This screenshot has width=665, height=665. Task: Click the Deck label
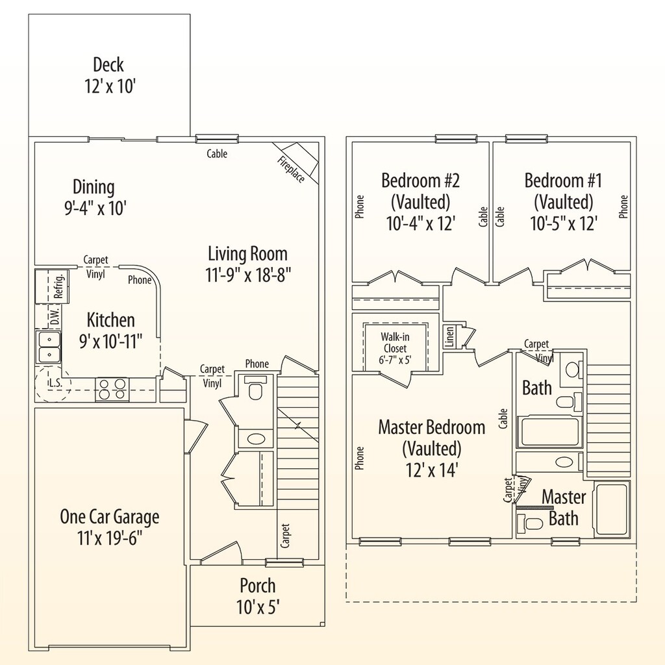pyautogui.click(x=108, y=64)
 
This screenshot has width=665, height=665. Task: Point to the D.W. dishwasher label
pyautogui.click(x=55, y=317)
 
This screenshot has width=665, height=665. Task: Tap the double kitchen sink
pyautogui.click(x=47, y=347)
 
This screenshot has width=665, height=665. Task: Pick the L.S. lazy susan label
pyautogui.click(x=55, y=383)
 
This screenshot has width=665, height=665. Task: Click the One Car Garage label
pyautogui.click(x=109, y=517)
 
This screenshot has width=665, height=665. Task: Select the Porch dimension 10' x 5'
pyautogui.click(x=258, y=607)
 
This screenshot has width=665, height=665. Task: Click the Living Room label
pyautogui.click(x=247, y=253)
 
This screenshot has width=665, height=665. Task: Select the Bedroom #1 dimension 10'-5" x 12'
pyautogui.click(x=562, y=222)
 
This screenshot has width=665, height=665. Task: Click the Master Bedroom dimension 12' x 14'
pyautogui.click(x=431, y=469)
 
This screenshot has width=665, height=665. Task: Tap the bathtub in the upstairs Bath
pyautogui.click(x=548, y=431)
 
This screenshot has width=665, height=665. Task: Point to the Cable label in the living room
pyautogui.click(x=217, y=154)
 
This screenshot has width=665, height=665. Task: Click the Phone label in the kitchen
pyautogui.click(x=140, y=281)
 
